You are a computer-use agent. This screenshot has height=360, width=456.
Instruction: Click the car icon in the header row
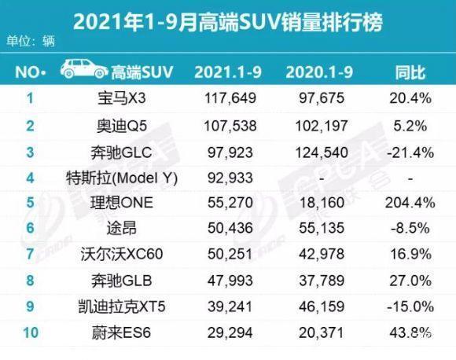pos(86,72)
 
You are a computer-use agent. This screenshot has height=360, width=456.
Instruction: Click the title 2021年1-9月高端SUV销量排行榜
pos(228,21)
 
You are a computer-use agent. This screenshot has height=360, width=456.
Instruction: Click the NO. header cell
pos(31,72)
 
